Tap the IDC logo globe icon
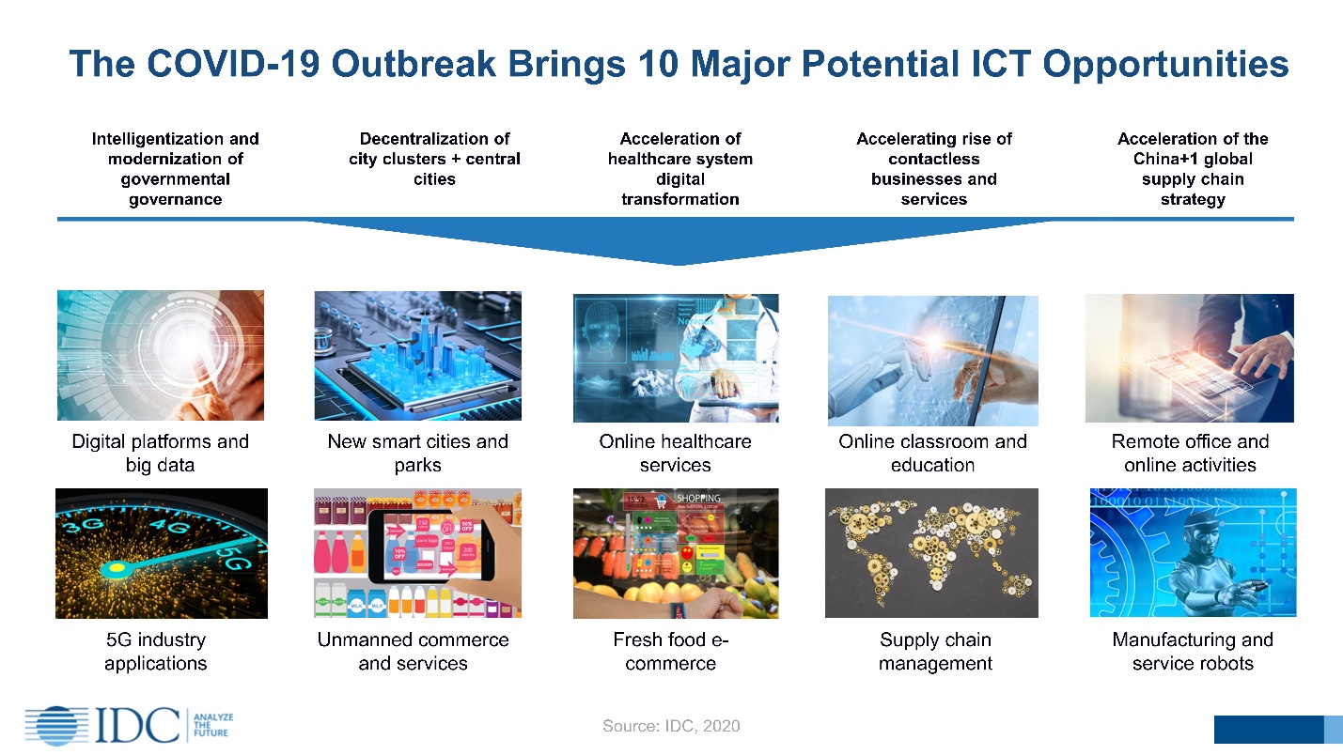point(55,725)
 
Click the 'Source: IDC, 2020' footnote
point(671,726)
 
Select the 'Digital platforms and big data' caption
point(160,453)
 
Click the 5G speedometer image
point(161,553)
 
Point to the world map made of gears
point(931,553)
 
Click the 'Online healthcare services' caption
point(675,453)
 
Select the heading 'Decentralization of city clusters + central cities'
point(434,159)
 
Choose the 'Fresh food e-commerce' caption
point(671,651)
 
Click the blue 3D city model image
point(417,356)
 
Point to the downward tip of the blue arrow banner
point(679,263)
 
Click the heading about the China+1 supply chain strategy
point(1192,169)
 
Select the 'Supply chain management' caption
point(935,651)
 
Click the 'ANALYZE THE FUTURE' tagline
point(211,725)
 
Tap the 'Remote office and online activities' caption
point(1190,453)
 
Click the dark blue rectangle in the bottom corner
point(1268,729)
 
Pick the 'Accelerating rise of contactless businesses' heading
point(933,169)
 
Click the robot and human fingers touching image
point(932,361)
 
